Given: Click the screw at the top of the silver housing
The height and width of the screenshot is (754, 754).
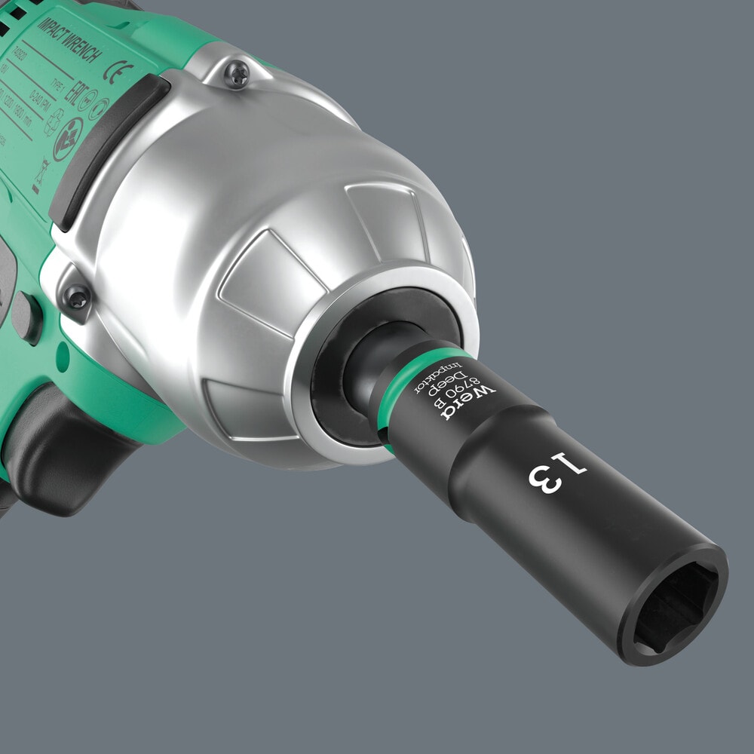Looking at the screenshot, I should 237,75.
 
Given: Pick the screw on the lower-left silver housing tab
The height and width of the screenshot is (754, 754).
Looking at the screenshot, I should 76,296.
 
